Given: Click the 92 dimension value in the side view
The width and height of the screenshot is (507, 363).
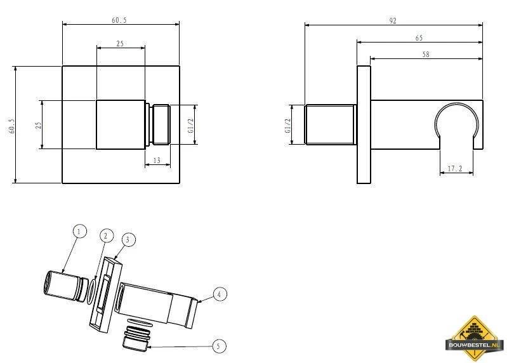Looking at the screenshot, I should [x=393, y=20].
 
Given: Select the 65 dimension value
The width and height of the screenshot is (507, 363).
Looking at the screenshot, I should [x=419, y=38].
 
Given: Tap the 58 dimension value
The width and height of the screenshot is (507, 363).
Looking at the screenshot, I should [x=425, y=55].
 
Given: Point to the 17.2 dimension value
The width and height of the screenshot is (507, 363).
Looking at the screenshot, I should [x=454, y=169].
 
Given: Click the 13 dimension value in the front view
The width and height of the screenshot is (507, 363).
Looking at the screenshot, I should [x=157, y=161].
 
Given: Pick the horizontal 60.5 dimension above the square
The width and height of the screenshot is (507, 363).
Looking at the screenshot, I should [x=119, y=20].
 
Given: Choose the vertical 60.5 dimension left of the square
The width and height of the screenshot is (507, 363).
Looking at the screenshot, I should [x=11, y=124].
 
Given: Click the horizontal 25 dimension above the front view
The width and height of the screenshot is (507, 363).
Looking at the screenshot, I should [x=120, y=43].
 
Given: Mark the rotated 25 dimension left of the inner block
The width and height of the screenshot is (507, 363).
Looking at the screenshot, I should [x=37, y=124].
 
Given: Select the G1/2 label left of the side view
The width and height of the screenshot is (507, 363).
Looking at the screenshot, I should [x=287, y=124].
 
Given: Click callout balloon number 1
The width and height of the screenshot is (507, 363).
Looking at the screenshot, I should [x=79, y=231].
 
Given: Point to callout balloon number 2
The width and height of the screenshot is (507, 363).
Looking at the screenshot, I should [x=106, y=235].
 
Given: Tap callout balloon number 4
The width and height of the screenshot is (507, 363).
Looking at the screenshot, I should [x=219, y=294].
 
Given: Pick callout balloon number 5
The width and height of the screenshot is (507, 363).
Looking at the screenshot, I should [x=219, y=346].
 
